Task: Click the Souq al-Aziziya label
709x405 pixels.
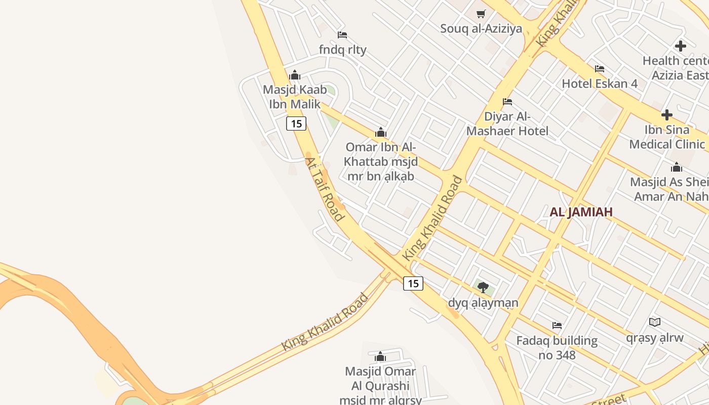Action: click(x=481, y=28)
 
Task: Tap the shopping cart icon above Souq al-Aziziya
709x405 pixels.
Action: click(x=481, y=14)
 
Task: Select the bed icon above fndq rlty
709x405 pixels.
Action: click(x=342, y=35)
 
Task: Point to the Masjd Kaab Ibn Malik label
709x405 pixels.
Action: click(x=294, y=97)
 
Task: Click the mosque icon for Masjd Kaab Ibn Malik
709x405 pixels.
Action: click(x=295, y=75)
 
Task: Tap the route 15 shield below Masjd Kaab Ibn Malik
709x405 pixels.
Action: click(x=296, y=123)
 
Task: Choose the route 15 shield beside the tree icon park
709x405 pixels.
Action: click(x=413, y=283)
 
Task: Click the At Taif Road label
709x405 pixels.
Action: click(x=324, y=189)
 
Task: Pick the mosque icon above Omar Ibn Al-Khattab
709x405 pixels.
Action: click(x=380, y=133)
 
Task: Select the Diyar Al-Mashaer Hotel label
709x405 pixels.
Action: click(x=507, y=124)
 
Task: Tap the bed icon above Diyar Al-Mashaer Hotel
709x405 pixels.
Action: click(x=507, y=102)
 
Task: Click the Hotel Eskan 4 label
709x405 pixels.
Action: click(x=600, y=84)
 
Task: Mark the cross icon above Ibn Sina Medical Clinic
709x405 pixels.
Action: click(x=667, y=115)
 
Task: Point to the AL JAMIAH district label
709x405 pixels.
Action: click(x=581, y=212)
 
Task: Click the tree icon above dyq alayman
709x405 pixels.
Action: click(x=483, y=288)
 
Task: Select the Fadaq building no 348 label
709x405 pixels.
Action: click(x=557, y=347)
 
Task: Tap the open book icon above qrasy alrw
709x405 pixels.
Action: click(x=654, y=322)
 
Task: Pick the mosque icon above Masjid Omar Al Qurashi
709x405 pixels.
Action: click(x=380, y=356)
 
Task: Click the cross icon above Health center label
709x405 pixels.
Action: click(x=680, y=46)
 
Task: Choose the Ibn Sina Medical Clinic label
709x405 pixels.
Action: click(x=667, y=137)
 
